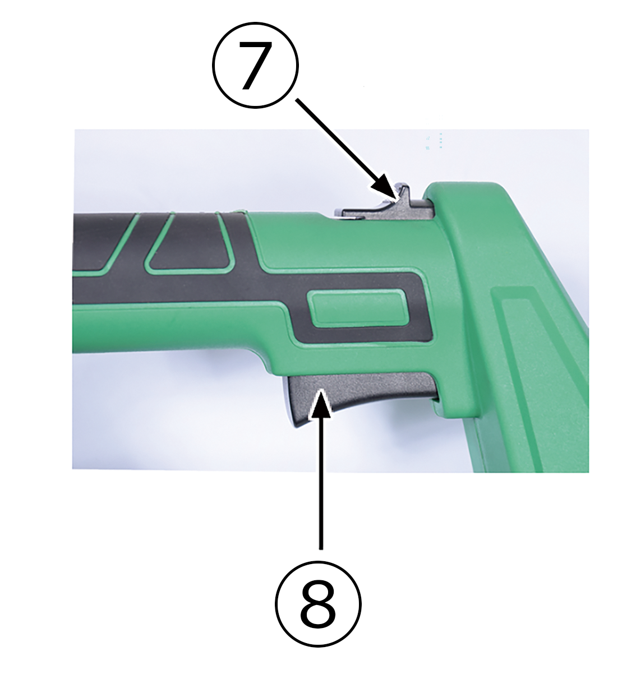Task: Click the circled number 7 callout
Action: coord(255,65)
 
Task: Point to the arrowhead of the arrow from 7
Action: coord(385,188)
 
